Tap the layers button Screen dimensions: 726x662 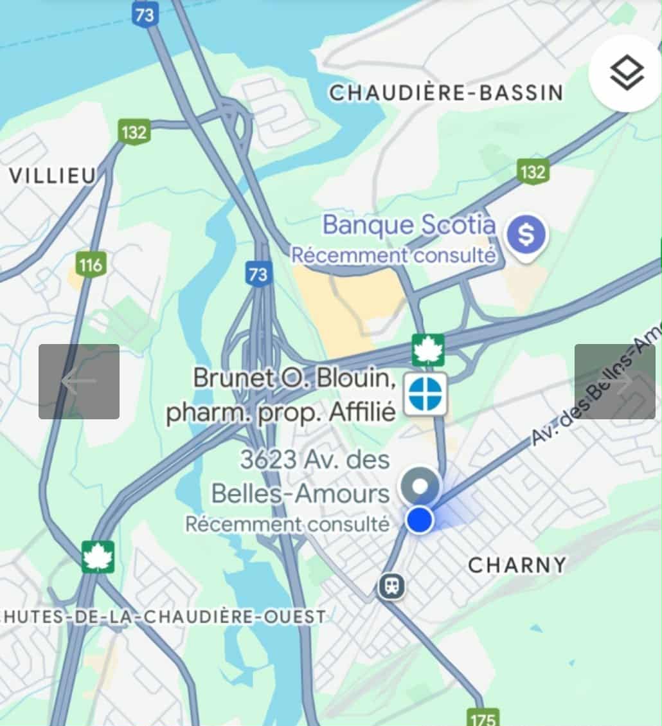(x=626, y=73)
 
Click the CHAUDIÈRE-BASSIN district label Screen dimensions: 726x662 (x=446, y=93)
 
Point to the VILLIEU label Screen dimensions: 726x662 (x=53, y=176)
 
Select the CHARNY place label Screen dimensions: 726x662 (x=517, y=565)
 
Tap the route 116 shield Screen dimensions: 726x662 (x=90, y=264)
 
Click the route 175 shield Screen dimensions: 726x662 (x=483, y=716)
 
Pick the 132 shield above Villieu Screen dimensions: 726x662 (x=134, y=132)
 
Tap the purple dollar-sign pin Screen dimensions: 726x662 (x=526, y=236)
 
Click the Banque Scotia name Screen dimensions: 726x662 (x=409, y=225)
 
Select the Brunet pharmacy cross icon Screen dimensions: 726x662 (x=425, y=394)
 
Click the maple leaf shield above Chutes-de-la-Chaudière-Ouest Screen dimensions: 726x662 (x=98, y=556)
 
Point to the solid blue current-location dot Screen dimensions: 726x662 (x=420, y=520)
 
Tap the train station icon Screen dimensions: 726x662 (x=391, y=586)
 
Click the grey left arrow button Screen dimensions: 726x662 (x=79, y=381)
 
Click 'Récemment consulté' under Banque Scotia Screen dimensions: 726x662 (x=393, y=255)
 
